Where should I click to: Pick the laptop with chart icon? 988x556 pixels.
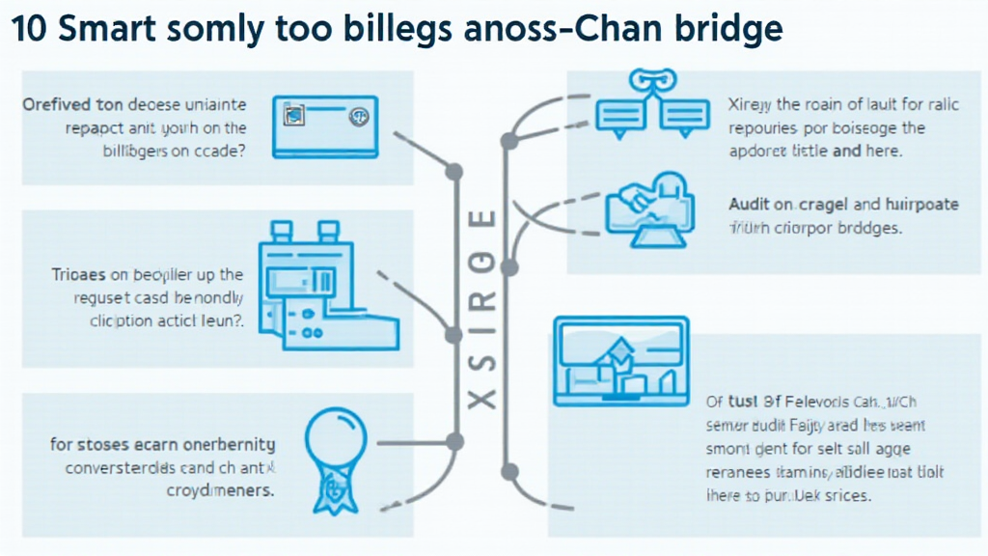(620, 361)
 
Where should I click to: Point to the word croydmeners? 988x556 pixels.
(221, 490)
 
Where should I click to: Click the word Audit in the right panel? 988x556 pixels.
(747, 205)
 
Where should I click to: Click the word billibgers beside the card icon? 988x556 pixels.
(134, 151)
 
